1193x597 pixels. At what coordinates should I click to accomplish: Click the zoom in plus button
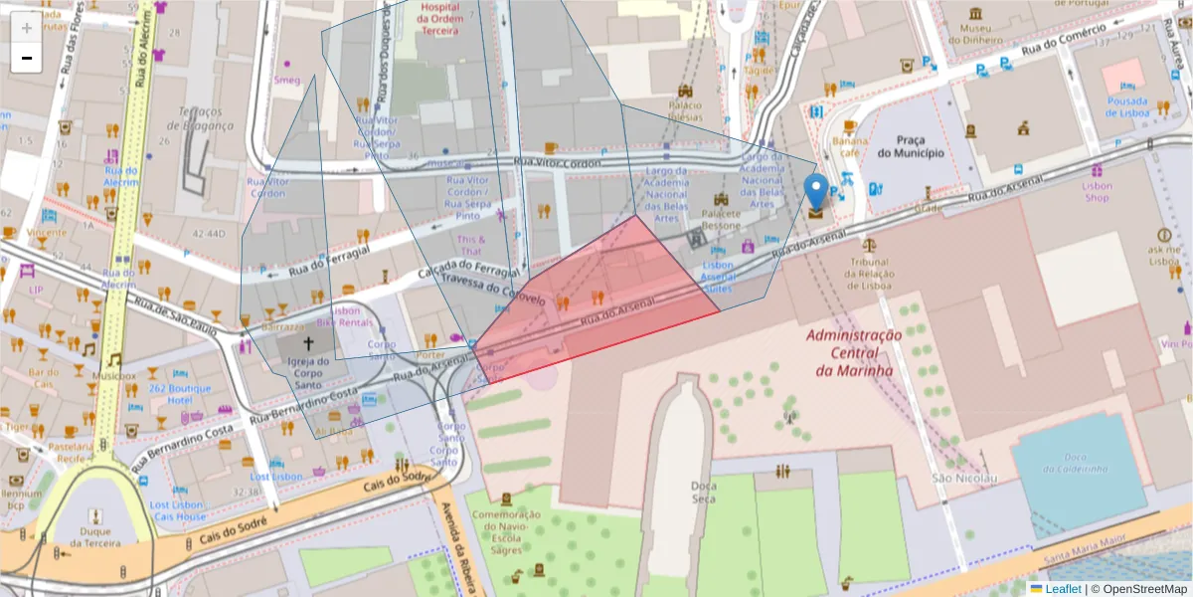pos(27,28)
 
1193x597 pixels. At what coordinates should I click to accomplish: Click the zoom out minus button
pos(27,58)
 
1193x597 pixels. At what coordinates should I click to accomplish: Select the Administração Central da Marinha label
pos(853,353)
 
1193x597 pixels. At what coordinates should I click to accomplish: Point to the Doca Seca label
pos(703,493)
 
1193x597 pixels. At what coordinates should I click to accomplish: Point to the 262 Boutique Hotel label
pos(181,394)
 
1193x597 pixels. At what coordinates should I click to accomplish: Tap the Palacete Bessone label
pos(723,220)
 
